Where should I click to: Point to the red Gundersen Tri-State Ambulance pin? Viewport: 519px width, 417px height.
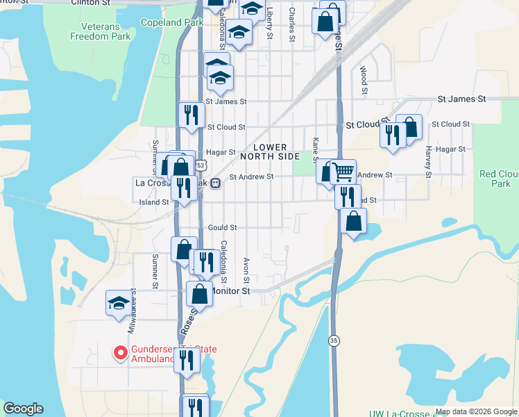pos(119,353)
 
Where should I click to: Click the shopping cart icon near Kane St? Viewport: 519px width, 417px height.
pos(343,170)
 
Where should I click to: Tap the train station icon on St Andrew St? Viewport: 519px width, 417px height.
pos(216,183)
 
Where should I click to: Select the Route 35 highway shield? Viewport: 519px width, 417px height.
pos(334,341)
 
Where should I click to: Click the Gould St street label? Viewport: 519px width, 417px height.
pos(222,227)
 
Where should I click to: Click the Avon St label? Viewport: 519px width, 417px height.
pos(246,270)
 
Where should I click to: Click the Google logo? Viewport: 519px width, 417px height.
pos(23,409)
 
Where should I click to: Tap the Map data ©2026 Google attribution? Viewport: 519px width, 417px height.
pos(475,411)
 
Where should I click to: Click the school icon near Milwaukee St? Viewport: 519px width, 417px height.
pos(119,303)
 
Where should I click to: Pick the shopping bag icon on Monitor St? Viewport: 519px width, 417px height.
pos(200,293)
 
